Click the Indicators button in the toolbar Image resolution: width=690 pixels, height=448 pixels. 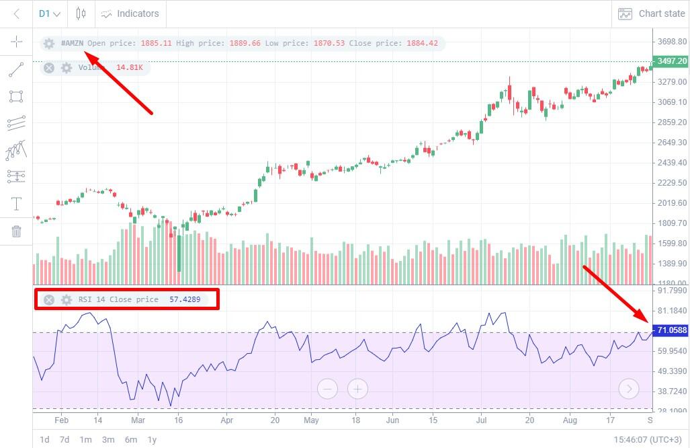point(130,13)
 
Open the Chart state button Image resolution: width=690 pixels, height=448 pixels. point(652,13)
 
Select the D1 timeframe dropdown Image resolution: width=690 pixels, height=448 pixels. point(50,13)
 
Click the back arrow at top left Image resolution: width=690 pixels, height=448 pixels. point(17,13)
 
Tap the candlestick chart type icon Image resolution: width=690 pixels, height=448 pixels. point(81,13)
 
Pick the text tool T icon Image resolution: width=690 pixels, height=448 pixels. point(16,204)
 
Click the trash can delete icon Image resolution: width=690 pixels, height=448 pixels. point(16,231)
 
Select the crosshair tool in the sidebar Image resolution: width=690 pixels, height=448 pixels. point(16,42)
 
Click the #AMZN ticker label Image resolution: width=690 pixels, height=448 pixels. point(72,44)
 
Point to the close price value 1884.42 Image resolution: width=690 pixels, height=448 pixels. point(421,44)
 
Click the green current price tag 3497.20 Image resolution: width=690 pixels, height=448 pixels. point(671,61)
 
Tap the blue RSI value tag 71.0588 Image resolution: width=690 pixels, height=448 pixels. point(671,330)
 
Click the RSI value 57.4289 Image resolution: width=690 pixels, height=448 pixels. point(184,299)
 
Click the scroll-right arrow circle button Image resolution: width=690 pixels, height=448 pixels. point(629,388)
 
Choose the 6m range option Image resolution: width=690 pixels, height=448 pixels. point(130,439)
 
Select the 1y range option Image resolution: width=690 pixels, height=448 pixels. point(153,439)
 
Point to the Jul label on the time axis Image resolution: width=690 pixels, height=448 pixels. point(481,420)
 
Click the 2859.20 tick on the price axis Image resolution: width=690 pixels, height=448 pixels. point(672,122)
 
